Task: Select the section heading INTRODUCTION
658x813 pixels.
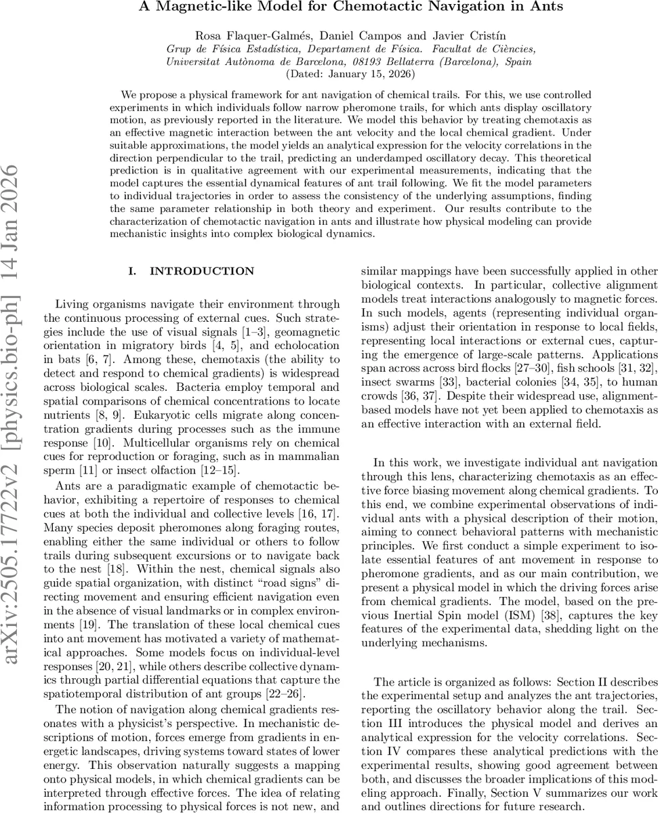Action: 202,271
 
